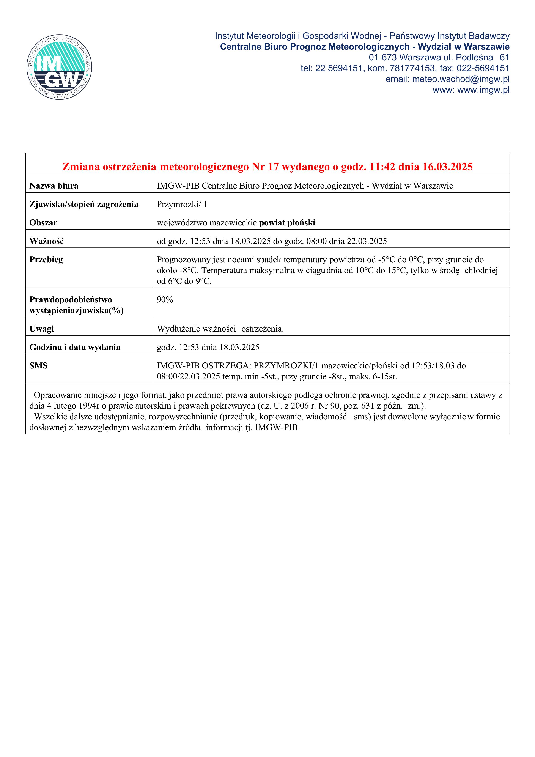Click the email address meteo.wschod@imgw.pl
coord(461,79)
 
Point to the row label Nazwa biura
coord(54,186)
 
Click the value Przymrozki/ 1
coord(182,205)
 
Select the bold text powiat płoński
coord(287,223)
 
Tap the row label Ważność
coord(46,241)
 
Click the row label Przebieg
coord(46,260)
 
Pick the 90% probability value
coord(165,300)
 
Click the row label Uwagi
coord(42,329)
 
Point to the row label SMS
coord(39,366)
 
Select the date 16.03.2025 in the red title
coord(447,167)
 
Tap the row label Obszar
coord(43,223)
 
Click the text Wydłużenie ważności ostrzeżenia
coord(220,329)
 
